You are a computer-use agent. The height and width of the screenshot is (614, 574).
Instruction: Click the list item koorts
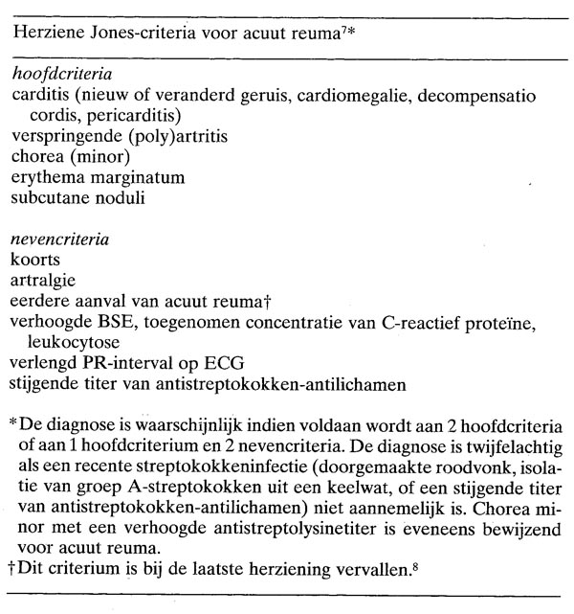(x=33, y=260)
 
